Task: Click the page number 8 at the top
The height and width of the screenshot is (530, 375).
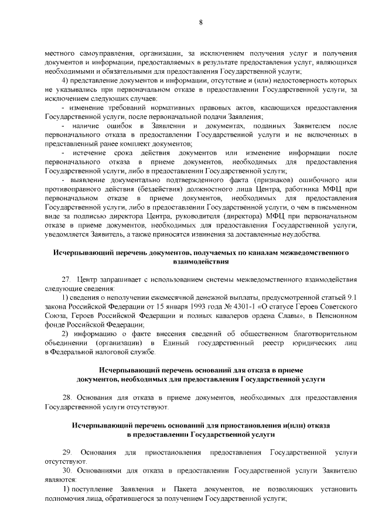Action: [x=200, y=23]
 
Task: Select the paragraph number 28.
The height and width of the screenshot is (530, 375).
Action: [x=66, y=398]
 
